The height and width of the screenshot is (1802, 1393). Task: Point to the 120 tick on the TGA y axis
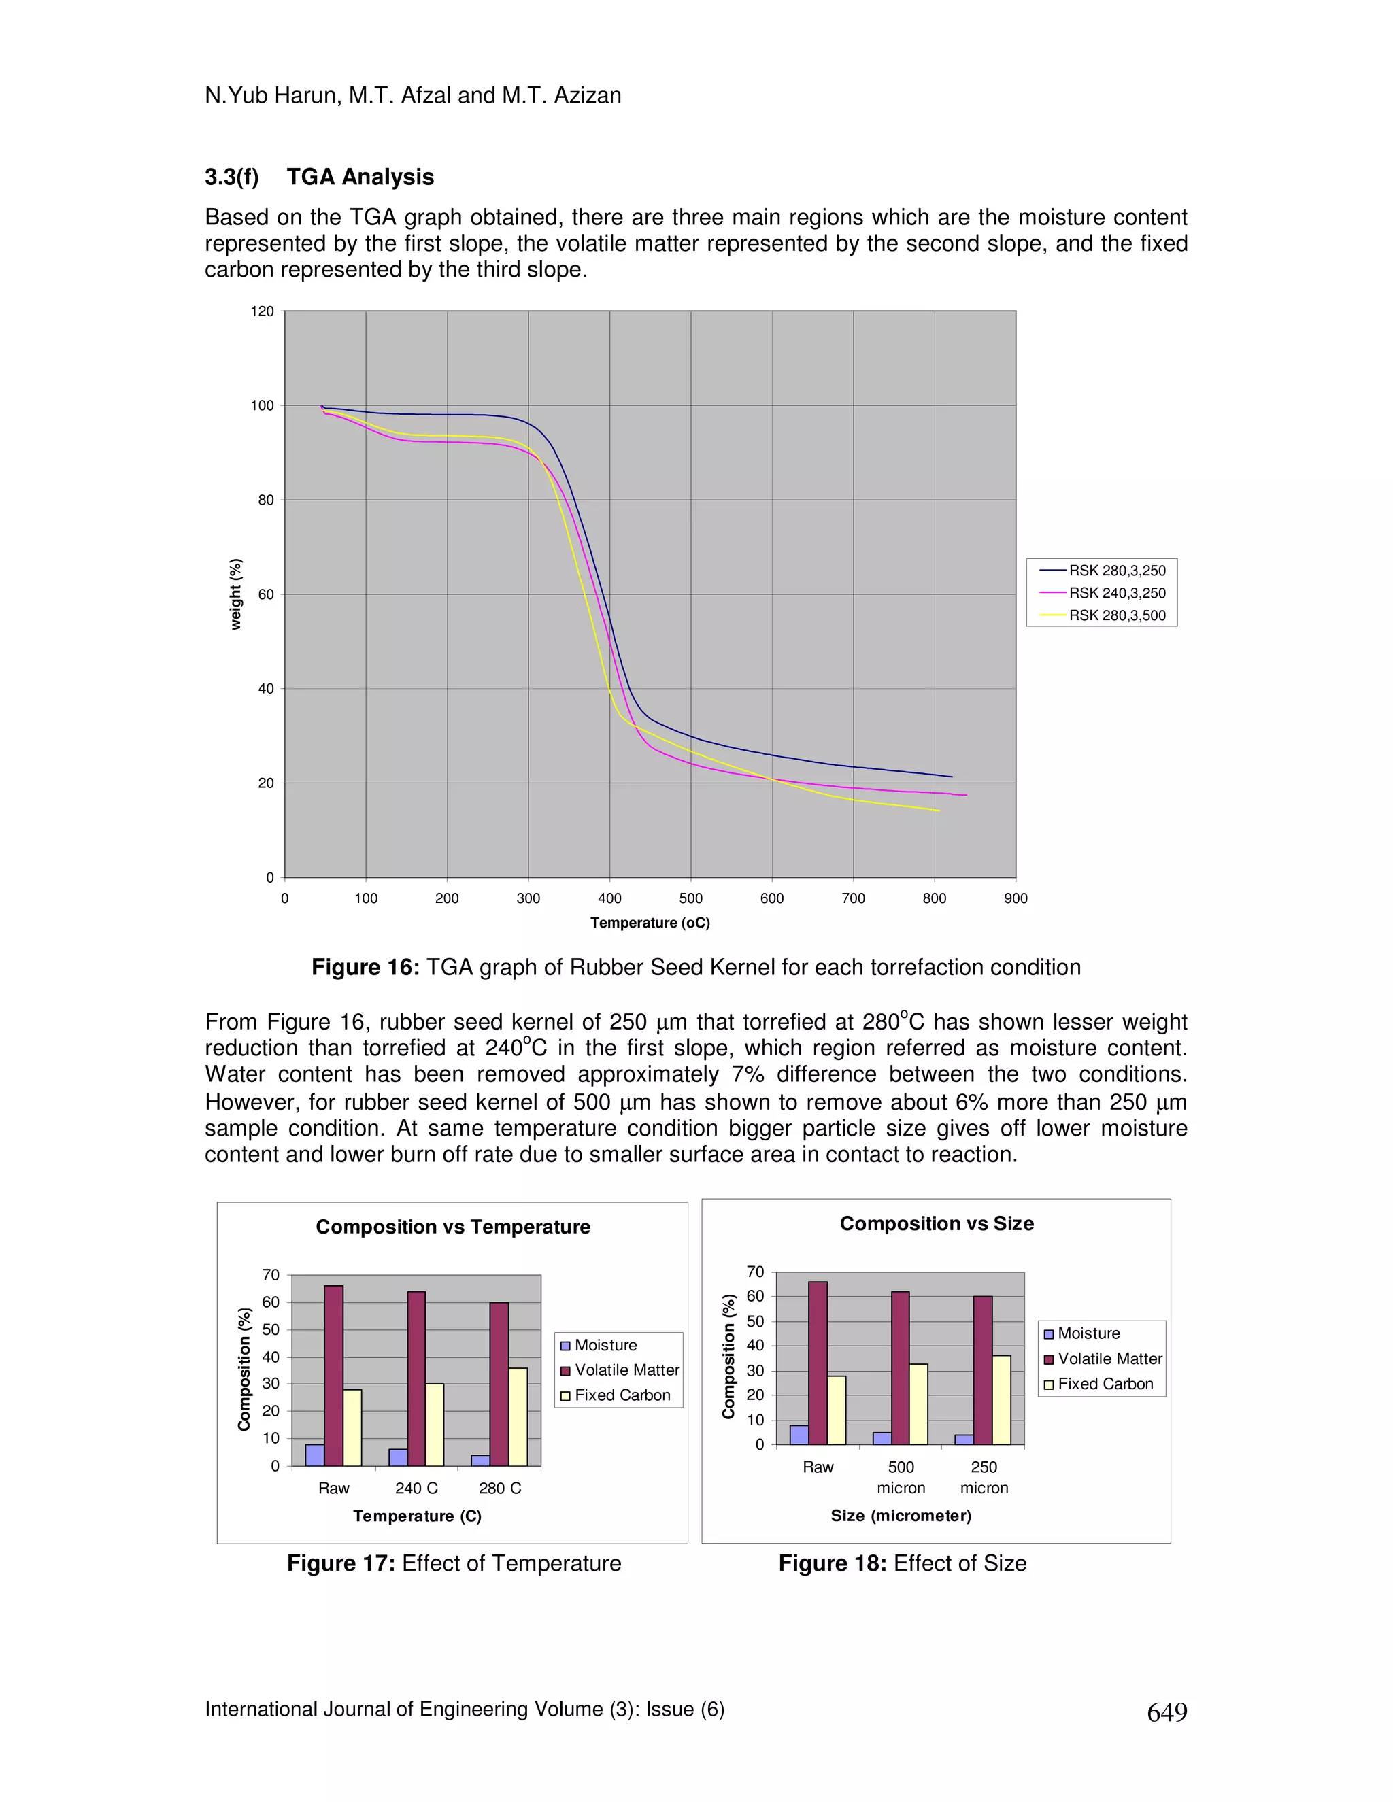(263, 311)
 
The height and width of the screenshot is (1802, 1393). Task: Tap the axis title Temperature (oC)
(650, 923)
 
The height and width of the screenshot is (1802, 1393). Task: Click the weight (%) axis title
(236, 594)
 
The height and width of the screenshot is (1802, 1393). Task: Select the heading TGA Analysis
(360, 177)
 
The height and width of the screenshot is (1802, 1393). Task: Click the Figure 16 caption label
(365, 967)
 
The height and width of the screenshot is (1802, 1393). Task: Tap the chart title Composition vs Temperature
(453, 1227)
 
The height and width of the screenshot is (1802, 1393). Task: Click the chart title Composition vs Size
(937, 1223)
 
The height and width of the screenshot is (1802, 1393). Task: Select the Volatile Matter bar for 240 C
(416, 1378)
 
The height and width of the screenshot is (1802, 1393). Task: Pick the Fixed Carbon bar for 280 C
(518, 1416)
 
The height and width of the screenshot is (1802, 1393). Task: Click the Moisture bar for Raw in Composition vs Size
(799, 1435)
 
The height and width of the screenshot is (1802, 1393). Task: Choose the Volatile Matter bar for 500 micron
(901, 1368)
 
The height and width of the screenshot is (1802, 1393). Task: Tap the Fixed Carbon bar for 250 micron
(1001, 1400)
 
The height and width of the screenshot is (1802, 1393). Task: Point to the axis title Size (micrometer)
(901, 1515)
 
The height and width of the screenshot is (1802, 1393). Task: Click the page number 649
(1167, 1713)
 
